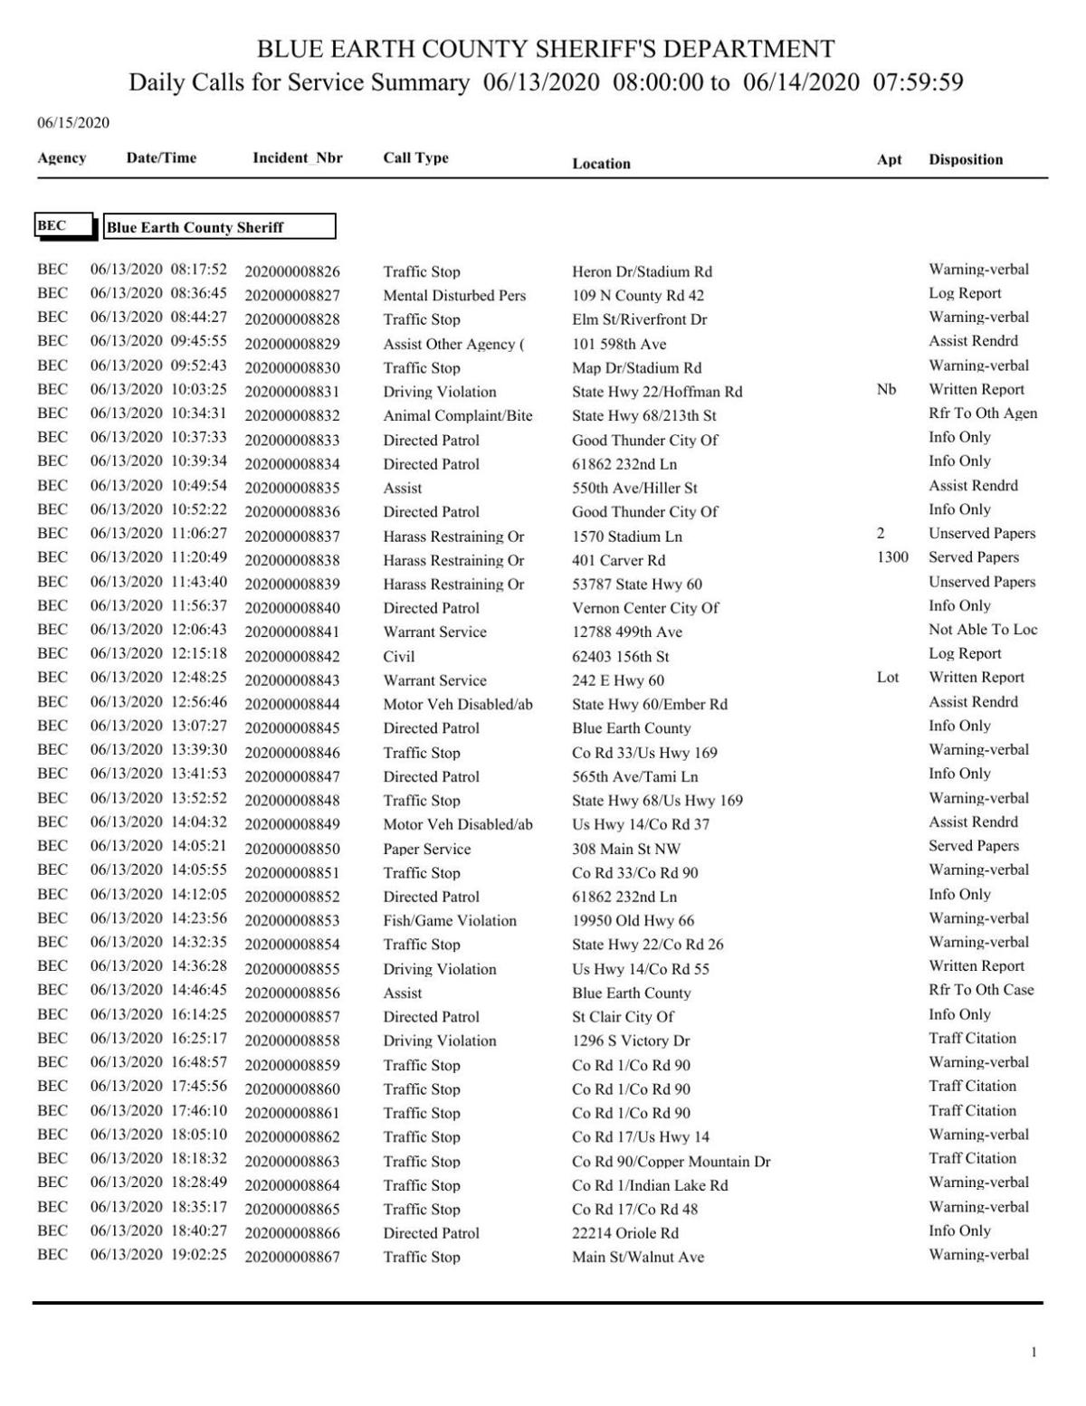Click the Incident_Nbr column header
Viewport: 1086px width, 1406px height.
click(297, 158)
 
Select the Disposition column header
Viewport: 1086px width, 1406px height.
click(965, 160)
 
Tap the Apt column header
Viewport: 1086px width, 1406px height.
click(889, 160)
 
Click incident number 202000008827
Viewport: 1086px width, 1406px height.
click(291, 296)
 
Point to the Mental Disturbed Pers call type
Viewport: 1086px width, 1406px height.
click(453, 296)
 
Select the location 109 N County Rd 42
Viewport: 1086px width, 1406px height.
click(637, 296)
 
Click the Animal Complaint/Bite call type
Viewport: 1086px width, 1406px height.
click(457, 416)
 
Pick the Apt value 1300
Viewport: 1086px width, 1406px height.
click(891, 557)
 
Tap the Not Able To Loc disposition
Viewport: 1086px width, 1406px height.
click(982, 630)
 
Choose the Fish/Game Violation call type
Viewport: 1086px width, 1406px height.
click(449, 921)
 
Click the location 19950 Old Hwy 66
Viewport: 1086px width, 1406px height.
click(633, 921)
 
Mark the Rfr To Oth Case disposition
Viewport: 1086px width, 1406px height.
click(980, 990)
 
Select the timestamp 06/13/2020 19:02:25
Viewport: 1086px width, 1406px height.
click(158, 1255)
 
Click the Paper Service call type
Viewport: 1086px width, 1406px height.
click(426, 850)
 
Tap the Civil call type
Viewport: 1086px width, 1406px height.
click(398, 657)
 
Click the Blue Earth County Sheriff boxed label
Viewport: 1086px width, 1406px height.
click(219, 227)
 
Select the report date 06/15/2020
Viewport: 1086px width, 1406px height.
click(72, 123)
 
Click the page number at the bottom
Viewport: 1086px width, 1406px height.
click(1034, 1353)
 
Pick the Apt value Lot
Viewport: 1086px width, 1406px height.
click(887, 678)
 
